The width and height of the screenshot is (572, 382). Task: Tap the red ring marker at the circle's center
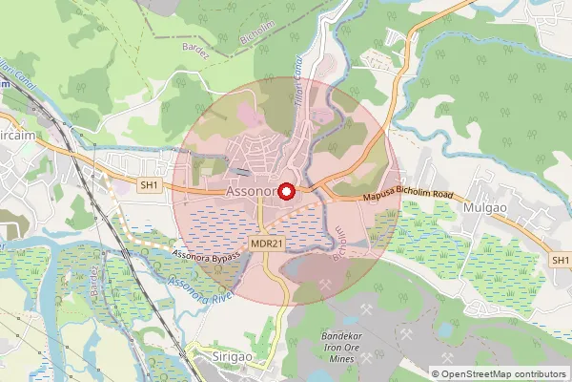pos(284,189)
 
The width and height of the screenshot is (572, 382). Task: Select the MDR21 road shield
pos(267,244)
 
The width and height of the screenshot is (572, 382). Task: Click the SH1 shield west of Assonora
pos(149,184)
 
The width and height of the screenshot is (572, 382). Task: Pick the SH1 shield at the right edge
pos(561,260)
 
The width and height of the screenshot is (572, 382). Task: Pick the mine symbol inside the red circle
pos(326,283)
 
